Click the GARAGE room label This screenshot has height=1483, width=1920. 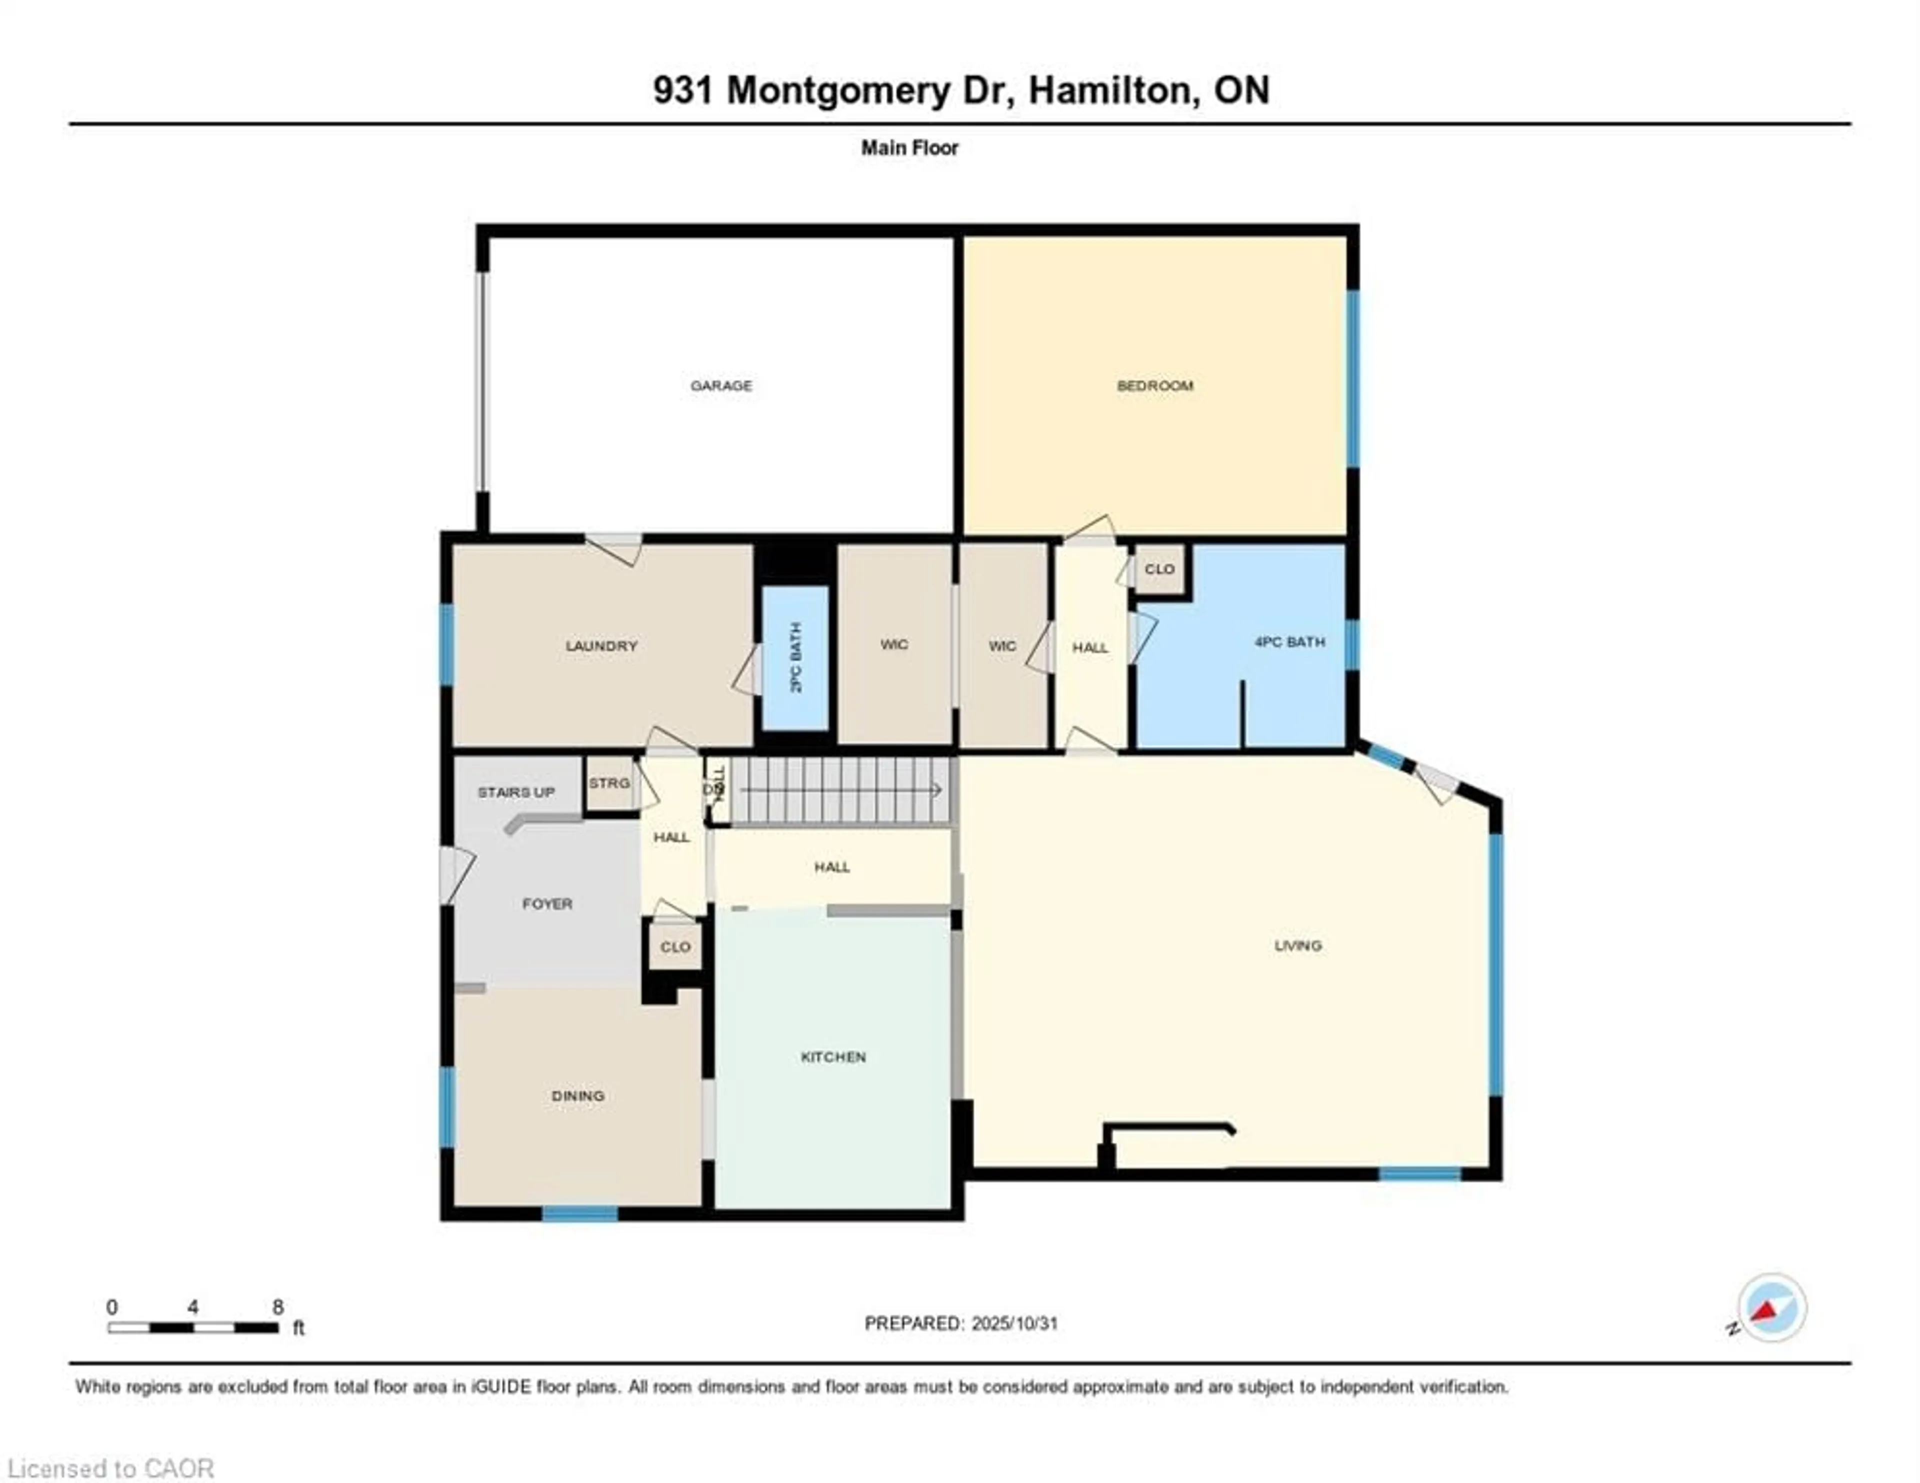721,385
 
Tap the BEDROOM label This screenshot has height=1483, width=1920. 1154,385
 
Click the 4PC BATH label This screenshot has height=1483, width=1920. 1289,642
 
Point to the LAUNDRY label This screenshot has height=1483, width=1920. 601,645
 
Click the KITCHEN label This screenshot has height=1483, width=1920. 832,1057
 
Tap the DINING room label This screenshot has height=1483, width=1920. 577,1095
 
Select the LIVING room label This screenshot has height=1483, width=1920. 1297,945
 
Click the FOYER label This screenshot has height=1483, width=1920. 547,903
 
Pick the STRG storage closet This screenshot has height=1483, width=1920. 609,782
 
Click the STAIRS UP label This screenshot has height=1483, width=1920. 516,792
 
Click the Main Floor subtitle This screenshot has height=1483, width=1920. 909,147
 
